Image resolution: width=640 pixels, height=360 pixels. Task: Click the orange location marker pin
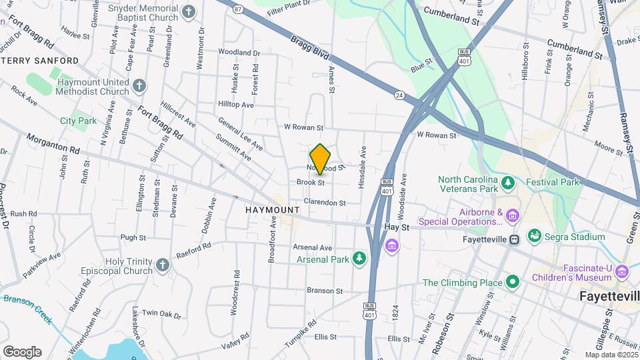(x=320, y=159)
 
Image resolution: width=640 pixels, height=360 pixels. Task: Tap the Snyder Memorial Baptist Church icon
(x=189, y=11)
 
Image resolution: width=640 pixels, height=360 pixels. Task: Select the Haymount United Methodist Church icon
(x=139, y=86)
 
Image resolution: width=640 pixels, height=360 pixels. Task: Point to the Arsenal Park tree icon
(x=360, y=258)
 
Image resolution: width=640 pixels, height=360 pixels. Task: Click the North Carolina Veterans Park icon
(x=508, y=182)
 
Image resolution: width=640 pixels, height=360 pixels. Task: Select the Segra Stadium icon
(x=533, y=236)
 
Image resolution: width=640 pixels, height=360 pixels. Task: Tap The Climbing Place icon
(x=512, y=282)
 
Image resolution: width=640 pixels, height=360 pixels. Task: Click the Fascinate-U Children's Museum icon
(x=622, y=271)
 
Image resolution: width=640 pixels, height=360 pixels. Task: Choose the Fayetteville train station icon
(x=514, y=240)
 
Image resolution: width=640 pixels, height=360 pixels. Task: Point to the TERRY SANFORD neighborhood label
(x=40, y=61)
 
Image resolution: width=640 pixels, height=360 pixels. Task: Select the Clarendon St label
(x=325, y=203)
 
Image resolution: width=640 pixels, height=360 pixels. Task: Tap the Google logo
(x=22, y=351)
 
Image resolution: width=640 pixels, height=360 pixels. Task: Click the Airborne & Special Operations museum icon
(x=512, y=215)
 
